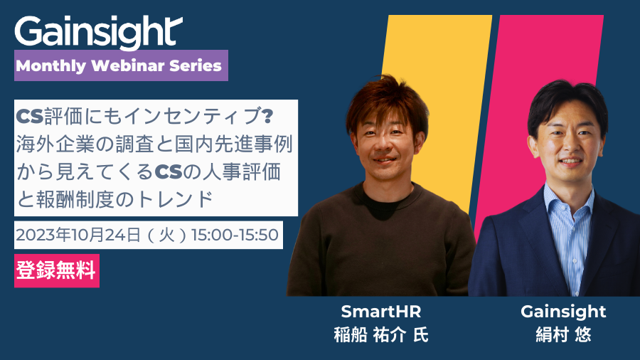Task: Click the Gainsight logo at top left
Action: (x=98, y=33)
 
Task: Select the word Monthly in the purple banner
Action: (x=51, y=66)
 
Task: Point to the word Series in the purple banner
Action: (x=196, y=65)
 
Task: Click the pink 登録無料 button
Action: (x=57, y=270)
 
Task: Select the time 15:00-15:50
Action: (x=235, y=235)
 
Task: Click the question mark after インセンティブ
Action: (x=267, y=116)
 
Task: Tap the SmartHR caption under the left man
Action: (x=381, y=312)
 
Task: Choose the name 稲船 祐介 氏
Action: (x=381, y=335)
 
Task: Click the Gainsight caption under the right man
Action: (x=563, y=312)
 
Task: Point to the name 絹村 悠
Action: (x=563, y=335)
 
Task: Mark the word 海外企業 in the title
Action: (x=55, y=144)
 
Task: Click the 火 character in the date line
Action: (x=166, y=235)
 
